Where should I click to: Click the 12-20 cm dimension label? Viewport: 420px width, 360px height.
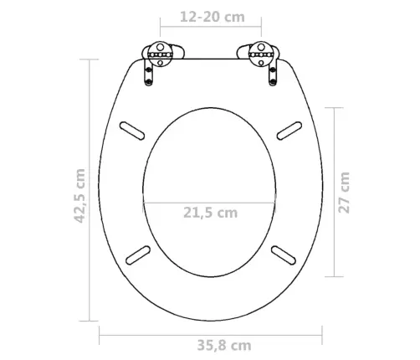tap(213, 17)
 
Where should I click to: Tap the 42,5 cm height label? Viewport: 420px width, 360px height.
tap(80, 196)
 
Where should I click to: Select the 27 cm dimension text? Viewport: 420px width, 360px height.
tap(344, 193)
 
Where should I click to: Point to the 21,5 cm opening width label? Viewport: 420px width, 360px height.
tap(211, 213)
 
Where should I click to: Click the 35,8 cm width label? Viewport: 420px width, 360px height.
tap(224, 346)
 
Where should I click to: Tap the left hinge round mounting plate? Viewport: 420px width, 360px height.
tap(160, 54)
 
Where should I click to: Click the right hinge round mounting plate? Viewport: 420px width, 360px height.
tap(261, 54)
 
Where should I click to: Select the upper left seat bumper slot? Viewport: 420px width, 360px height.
tap(132, 131)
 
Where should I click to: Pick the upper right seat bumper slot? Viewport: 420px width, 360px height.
tap(289, 131)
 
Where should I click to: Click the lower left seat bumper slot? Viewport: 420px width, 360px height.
tap(138, 255)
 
